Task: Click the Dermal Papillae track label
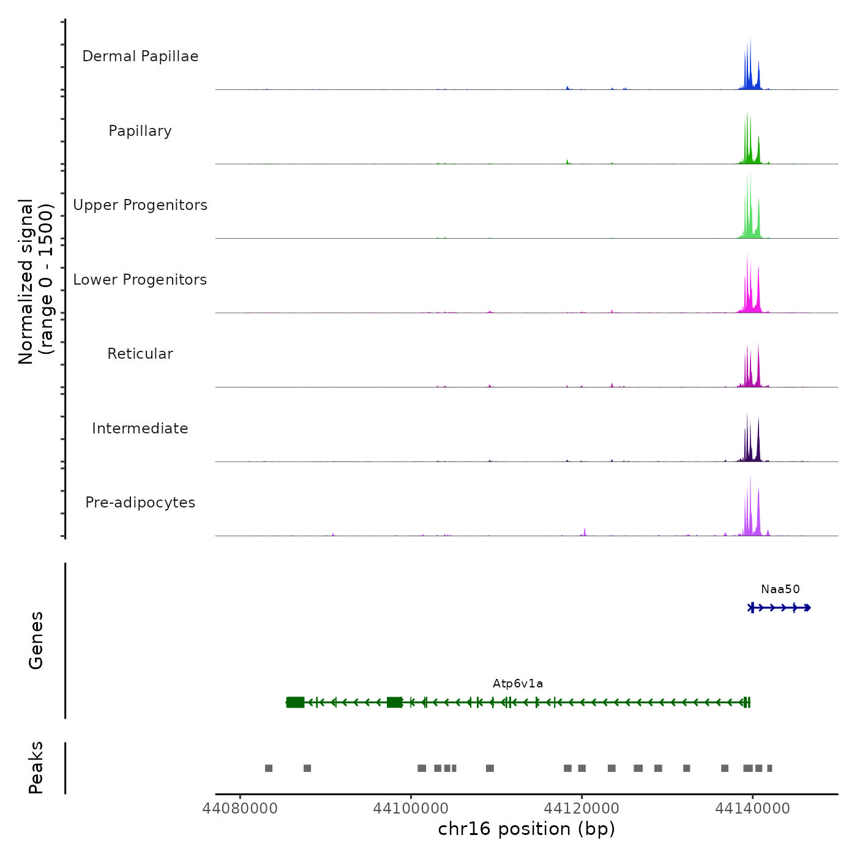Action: pos(140,56)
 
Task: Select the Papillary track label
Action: pos(140,131)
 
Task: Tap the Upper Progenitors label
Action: pos(140,205)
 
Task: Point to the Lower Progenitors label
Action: pos(140,280)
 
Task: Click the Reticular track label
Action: pos(140,354)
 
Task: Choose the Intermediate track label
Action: pos(140,428)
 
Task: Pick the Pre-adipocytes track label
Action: pos(140,503)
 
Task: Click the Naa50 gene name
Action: pos(780,589)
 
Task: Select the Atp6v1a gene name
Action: pos(518,684)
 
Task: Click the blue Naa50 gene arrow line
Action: pos(780,608)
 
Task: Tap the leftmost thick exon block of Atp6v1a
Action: pos(295,702)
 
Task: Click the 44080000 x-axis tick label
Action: pos(240,809)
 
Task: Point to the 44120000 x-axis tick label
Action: pos(582,809)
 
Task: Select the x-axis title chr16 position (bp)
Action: pos(526,829)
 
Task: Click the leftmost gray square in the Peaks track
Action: pos(269,768)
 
